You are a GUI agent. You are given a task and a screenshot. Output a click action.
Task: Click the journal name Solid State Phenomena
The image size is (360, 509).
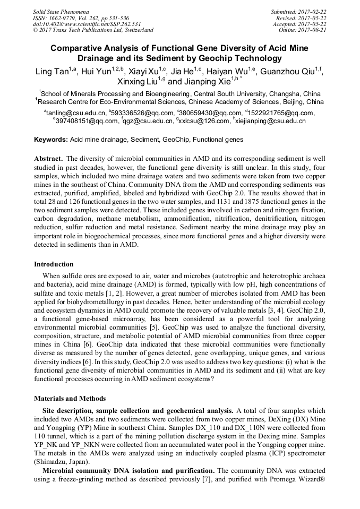pyautogui.click(x=61, y=11)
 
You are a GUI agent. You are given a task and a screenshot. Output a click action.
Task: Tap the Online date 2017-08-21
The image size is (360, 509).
pyautogui.click(x=312, y=30)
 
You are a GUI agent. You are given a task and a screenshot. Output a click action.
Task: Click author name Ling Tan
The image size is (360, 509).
pyautogui.click(x=50, y=72)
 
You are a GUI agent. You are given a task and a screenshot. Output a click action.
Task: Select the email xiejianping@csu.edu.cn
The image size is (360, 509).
pyautogui.click(x=270, y=121)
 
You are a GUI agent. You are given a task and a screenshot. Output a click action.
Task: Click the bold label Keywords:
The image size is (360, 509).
pyautogui.click(x=51, y=140)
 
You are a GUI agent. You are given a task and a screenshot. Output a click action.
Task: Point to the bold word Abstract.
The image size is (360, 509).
pyautogui.click(x=49, y=159)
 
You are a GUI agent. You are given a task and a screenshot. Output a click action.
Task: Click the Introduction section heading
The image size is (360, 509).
pyautogui.click(x=54, y=264)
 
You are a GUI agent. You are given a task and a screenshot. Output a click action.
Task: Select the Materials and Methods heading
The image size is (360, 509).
pyautogui.click(x=70, y=399)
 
